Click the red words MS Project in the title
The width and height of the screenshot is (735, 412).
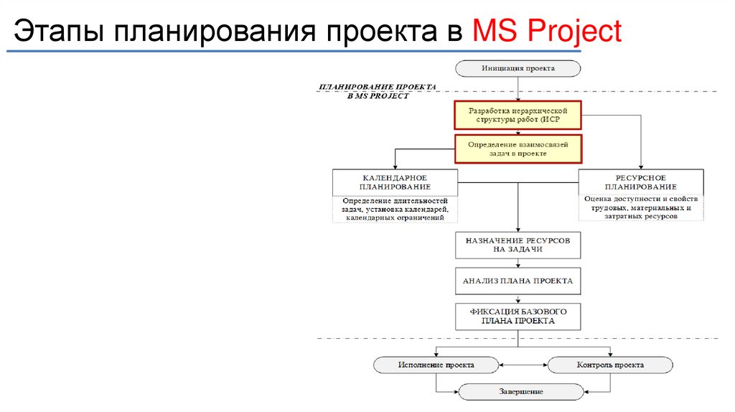pos(546,31)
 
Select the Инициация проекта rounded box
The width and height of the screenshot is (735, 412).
pos(518,68)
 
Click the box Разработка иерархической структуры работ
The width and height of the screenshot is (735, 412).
pos(518,115)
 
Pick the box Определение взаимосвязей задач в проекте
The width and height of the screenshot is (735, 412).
pos(518,149)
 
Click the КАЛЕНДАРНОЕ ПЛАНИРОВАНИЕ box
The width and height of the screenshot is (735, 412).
pos(395,182)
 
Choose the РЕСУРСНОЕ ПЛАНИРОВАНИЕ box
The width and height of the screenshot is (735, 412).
pos(641,182)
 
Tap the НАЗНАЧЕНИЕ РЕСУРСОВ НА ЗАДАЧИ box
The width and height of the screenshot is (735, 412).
pos(518,245)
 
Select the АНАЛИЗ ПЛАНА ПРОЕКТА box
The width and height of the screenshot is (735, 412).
pos(518,281)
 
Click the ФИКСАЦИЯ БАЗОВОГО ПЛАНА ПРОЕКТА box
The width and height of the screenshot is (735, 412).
pos(518,317)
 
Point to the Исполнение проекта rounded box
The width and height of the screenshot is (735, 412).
pos(436,365)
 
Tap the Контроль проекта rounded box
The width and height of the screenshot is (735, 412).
pos(610,365)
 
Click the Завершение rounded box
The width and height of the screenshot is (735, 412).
pos(521,392)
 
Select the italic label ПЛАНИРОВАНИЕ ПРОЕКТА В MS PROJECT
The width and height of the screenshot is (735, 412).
pos(378,91)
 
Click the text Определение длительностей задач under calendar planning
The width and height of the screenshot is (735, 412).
pos(395,205)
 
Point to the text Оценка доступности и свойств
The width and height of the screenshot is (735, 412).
pos(641,200)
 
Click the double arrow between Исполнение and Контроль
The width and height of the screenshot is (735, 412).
pos(523,365)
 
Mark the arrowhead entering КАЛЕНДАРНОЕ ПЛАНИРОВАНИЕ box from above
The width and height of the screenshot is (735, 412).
pos(395,167)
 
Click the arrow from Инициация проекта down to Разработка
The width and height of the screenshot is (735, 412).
pos(518,88)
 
